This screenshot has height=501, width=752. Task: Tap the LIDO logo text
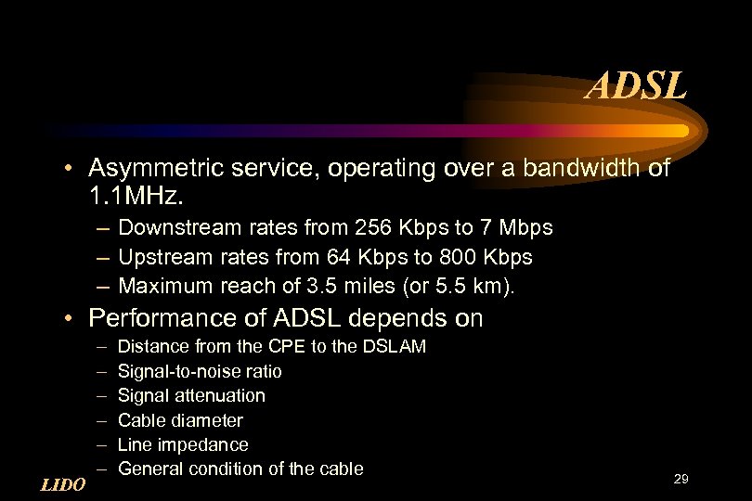tap(63, 484)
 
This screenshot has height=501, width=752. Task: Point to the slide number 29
tap(681, 479)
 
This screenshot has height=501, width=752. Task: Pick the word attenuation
tap(221, 396)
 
